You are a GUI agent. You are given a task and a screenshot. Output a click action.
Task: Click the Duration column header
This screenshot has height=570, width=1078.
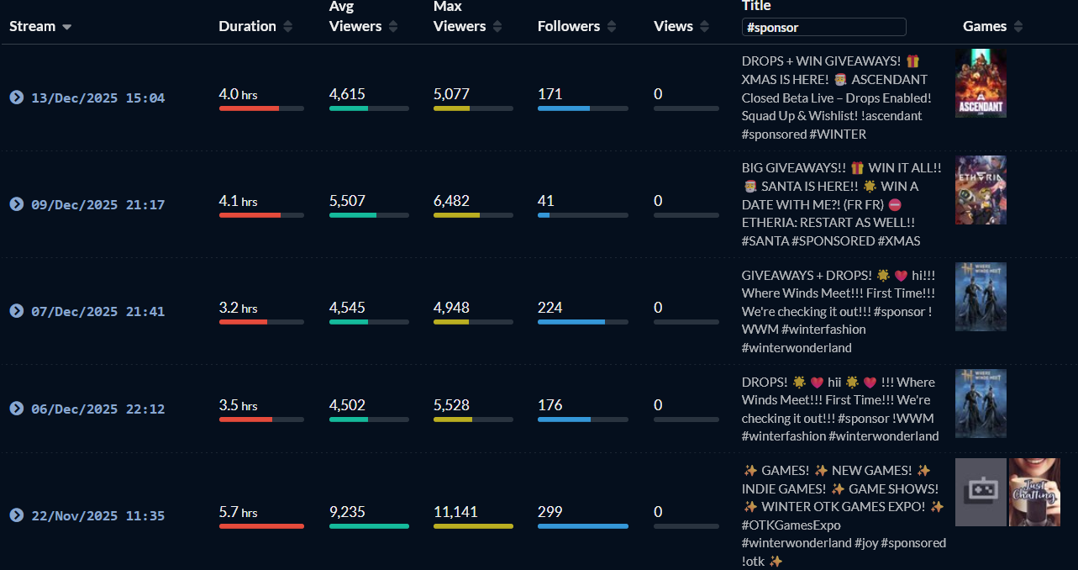click(x=247, y=26)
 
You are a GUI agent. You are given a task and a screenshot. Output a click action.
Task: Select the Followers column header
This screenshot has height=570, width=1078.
click(x=569, y=26)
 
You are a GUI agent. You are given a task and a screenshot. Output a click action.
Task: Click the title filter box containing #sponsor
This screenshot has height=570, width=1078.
click(x=823, y=27)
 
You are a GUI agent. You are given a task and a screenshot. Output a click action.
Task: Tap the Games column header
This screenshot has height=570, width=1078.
click(x=985, y=26)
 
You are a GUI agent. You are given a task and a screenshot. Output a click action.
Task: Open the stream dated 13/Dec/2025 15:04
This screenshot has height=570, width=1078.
click(x=97, y=98)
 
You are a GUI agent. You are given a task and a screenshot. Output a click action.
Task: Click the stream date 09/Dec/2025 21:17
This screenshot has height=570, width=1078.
click(x=97, y=204)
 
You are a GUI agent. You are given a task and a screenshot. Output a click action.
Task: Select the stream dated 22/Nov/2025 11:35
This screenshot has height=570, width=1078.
click(x=97, y=515)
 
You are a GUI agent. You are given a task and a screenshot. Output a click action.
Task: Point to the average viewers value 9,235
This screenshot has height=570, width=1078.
click(x=347, y=511)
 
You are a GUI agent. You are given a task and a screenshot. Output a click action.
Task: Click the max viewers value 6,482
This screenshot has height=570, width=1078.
click(x=451, y=201)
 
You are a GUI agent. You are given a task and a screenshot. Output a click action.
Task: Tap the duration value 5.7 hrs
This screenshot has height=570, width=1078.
click(x=238, y=512)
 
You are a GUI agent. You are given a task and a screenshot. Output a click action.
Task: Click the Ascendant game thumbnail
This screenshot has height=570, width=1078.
click(x=981, y=83)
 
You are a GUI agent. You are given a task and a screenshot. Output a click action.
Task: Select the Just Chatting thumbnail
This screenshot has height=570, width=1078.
click(x=1034, y=492)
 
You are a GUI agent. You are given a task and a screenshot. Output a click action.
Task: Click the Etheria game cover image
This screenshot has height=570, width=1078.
click(x=981, y=190)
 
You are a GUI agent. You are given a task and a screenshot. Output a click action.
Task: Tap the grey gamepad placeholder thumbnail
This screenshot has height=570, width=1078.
click(x=981, y=492)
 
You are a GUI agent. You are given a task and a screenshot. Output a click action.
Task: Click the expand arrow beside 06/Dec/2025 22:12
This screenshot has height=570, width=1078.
click(x=16, y=409)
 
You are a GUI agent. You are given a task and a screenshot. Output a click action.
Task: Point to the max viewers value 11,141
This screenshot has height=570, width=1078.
click(x=455, y=511)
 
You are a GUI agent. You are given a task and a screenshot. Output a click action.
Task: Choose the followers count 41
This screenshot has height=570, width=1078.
click(x=545, y=201)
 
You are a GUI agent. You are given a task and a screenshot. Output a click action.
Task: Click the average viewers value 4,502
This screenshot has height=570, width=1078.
click(x=347, y=405)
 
